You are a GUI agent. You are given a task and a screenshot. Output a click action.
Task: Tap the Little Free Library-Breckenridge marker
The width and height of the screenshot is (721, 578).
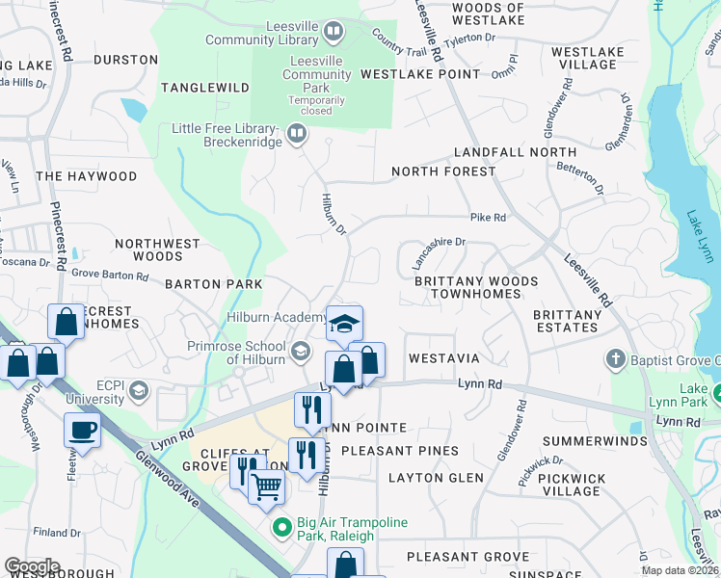click(x=297, y=136)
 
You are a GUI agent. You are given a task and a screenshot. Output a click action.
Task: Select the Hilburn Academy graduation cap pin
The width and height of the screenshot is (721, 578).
click(x=344, y=324)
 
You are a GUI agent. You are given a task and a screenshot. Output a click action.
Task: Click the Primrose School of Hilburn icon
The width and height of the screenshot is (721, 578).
click(x=301, y=351)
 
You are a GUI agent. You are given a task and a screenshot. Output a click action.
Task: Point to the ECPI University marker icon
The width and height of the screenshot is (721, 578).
click(x=139, y=390)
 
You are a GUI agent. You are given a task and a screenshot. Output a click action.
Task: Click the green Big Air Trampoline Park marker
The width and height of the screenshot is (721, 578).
click(x=282, y=528)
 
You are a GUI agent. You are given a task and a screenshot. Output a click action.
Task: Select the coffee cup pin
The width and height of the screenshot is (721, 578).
click(x=82, y=430)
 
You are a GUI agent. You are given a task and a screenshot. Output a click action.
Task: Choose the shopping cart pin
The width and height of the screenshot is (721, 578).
click(x=266, y=487)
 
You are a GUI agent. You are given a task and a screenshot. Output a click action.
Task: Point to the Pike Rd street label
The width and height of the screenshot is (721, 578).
click(x=488, y=218)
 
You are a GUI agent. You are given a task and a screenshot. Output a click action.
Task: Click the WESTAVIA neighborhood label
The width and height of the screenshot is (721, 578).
click(x=443, y=357)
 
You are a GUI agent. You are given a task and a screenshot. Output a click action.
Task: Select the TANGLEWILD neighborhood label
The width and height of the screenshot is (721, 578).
click(x=205, y=88)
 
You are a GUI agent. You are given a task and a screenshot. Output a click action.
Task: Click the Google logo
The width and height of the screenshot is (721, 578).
click(x=32, y=566)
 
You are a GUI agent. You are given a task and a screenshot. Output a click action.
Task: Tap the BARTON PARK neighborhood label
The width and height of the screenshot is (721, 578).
click(x=213, y=285)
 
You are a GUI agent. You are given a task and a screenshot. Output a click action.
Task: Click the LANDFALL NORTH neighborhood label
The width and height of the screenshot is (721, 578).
click(x=515, y=152)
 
